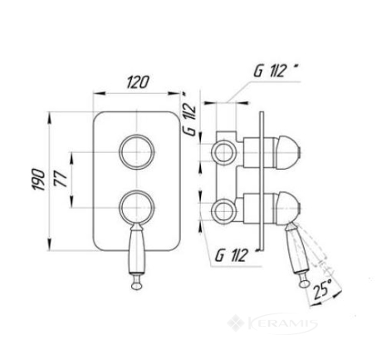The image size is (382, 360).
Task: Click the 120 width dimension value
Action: pos(138,81)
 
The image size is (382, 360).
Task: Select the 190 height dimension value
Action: pos(39,180)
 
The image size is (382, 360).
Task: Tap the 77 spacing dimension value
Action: pos(61,179)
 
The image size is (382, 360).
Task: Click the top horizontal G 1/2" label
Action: pos(277,71)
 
